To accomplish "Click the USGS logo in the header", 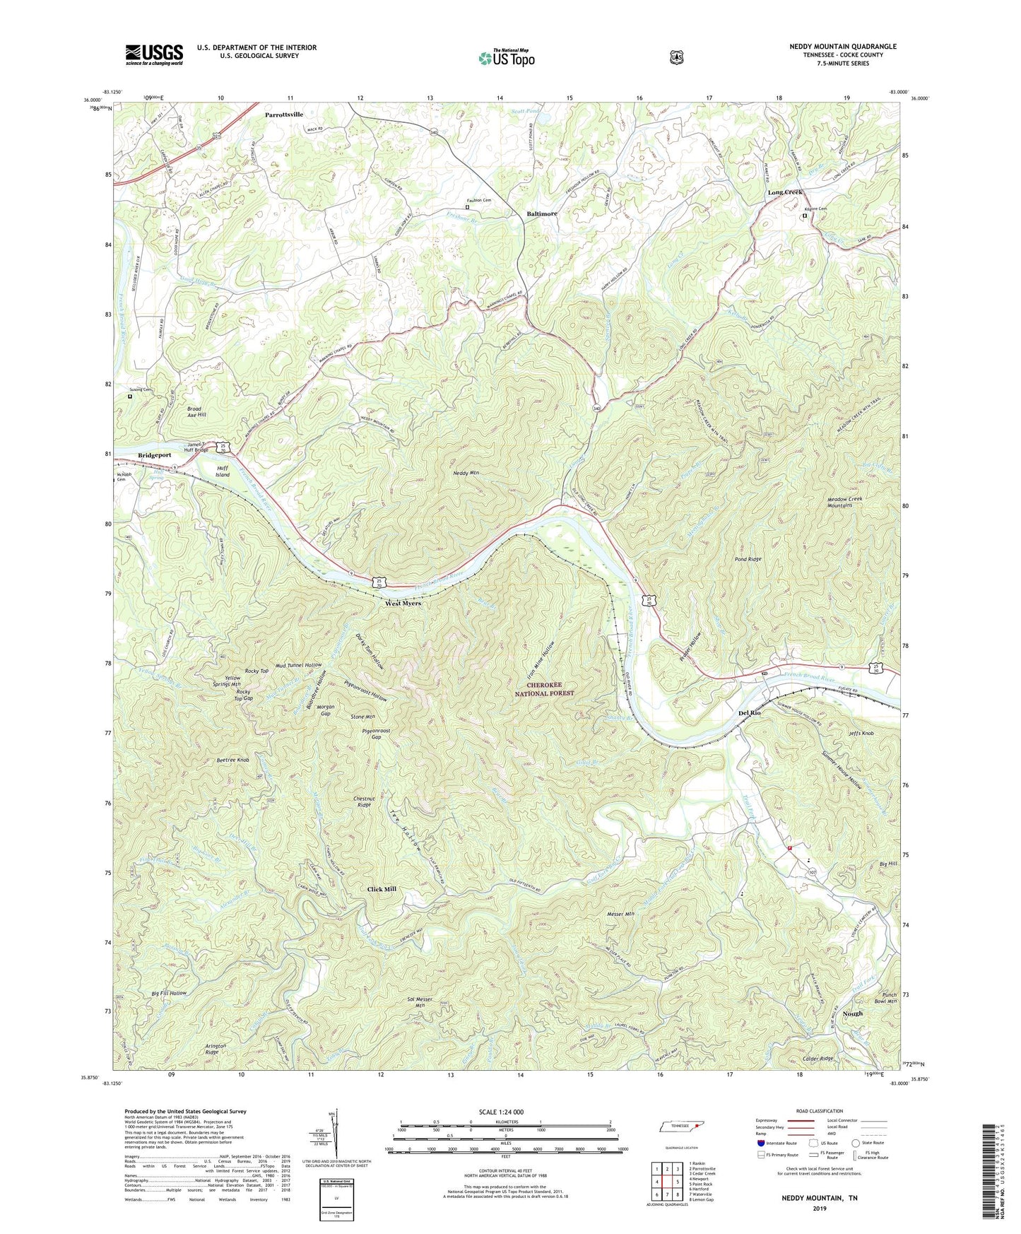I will [154, 54].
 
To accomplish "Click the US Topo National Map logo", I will [505, 58].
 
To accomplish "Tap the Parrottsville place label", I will [284, 114].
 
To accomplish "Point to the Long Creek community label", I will [786, 192].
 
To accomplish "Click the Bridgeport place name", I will [155, 455].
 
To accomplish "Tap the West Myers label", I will [403, 604].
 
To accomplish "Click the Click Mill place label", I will [382, 889].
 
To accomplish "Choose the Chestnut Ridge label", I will [363, 801].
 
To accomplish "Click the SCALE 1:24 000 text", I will [501, 1112].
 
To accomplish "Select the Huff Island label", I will [223, 471].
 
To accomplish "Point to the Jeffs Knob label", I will [861, 734].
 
